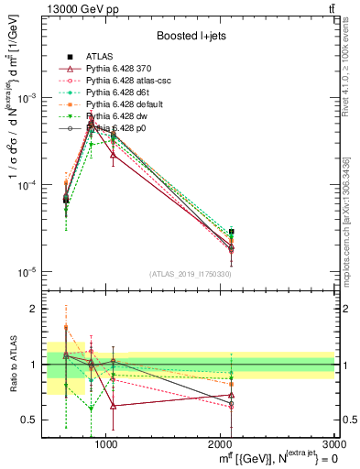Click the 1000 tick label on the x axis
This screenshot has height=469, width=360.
pos(106,444)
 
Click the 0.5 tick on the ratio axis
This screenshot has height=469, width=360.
pos(29,420)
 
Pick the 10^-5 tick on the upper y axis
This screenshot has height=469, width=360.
pos(27,272)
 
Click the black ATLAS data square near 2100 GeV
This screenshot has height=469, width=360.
pos(232,232)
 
